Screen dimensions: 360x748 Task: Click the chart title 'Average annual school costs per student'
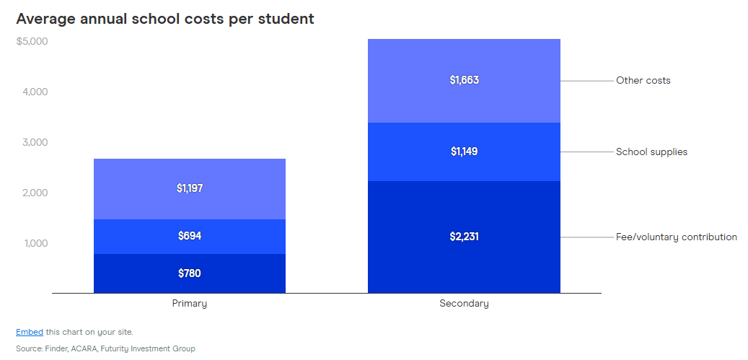pyautogui.click(x=165, y=19)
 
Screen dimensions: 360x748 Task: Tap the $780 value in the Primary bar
pyautogui.click(x=190, y=273)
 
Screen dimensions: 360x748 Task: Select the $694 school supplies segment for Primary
pyautogui.click(x=190, y=236)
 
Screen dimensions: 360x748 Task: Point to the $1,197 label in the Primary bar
pyautogui.click(x=190, y=188)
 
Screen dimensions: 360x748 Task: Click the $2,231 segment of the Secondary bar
pyautogui.click(x=464, y=237)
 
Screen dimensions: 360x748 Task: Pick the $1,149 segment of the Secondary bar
pyautogui.click(x=464, y=152)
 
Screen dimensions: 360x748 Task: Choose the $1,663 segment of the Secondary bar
pyautogui.click(x=464, y=80)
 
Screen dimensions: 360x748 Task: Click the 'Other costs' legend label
pyautogui.click(x=643, y=80)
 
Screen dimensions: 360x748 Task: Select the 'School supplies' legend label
pyautogui.click(x=651, y=152)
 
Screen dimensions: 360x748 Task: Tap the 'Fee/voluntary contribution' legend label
pyautogui.click(x=676, y=237)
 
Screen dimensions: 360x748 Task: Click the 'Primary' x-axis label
pyautogui.click(x=190, y=304)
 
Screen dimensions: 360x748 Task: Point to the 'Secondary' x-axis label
pyautogui.click(x=464, y=304)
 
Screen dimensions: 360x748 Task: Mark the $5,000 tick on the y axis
pyautogui.click(x=32, y=41)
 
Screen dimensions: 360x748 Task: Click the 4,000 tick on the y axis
pyautogui.click(x=33, y=92)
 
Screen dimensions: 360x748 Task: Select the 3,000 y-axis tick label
pyautogui.click(x=33, y=142)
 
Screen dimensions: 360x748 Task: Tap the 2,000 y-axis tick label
pyautogui.click(x=33, y=193)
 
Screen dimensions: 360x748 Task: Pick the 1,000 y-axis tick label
pyautogui.click(x=33, y=243)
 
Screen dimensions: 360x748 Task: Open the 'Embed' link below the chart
pyautogui.click(x=29, y=332)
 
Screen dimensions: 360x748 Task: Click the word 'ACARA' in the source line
pyautogui.click(x=85, y=348)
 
